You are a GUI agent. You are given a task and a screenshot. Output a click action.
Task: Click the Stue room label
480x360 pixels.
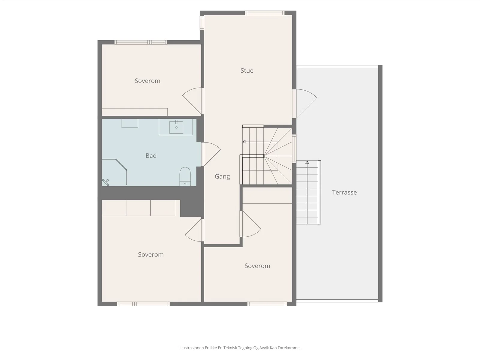coord(247,70)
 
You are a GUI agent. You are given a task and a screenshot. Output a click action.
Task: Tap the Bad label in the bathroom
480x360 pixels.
coord(151,156)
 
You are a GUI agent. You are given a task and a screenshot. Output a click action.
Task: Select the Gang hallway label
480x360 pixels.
coord(222,177)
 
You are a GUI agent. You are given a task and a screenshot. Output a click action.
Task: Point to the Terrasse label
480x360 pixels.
coord(344,192)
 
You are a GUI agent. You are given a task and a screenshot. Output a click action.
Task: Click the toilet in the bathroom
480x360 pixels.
coord(185,177)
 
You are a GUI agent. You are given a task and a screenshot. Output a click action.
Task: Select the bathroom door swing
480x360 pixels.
coord(211,154)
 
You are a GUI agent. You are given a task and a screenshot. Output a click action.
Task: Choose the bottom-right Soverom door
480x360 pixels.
coord(250,224)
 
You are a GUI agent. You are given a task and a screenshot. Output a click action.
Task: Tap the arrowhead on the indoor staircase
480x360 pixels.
coord(244,142)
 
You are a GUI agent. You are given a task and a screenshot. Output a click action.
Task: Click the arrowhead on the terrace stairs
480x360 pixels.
coord(307,162)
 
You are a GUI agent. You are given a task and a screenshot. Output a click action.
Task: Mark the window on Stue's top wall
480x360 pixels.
coord(265,13)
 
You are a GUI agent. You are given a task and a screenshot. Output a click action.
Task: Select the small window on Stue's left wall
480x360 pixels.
coord(202,23)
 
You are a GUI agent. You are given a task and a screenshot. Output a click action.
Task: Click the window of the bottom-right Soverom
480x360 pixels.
coord(267,304)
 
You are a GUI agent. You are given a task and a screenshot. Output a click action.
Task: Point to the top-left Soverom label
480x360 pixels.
coord(147,81)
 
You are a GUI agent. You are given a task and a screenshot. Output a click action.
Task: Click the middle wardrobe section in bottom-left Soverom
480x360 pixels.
coord(138,208)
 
